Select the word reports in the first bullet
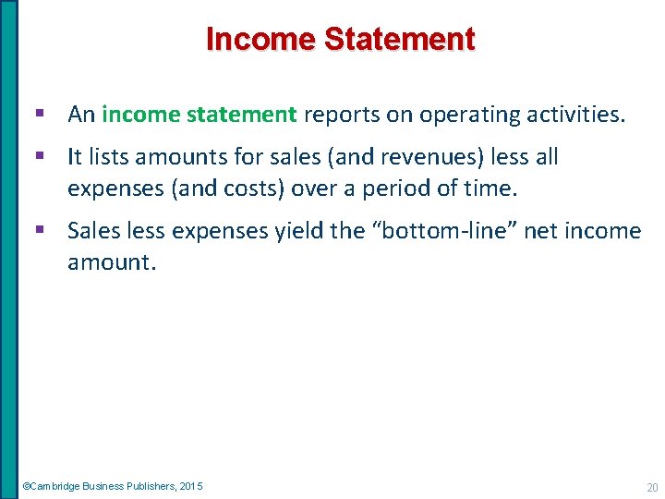[x=335, y=116]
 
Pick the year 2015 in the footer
[x=192, y=486]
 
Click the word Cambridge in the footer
[x=56, y=486]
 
